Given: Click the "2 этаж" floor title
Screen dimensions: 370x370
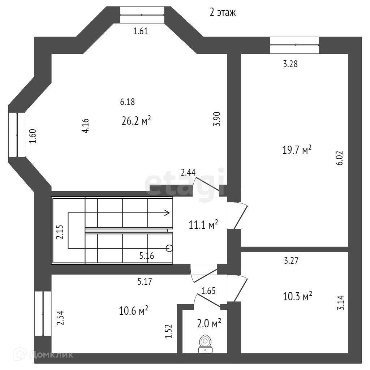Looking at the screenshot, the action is (223, 13).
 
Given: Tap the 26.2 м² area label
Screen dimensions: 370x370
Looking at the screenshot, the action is (136, 121).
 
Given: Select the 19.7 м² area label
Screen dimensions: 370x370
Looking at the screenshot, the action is (297, 150).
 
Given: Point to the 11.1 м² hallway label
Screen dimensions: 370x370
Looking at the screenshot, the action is (203, 225).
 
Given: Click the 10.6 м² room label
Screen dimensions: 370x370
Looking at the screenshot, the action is (134, 310).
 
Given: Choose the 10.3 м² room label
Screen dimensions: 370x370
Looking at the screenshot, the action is (297, 297).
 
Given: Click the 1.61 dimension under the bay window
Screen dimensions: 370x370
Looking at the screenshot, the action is (141, 31).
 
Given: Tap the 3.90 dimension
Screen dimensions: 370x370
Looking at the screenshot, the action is (217, 119).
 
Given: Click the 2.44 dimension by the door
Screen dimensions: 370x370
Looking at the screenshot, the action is (188, 173).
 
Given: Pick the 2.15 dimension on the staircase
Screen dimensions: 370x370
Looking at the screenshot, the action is (60, 232).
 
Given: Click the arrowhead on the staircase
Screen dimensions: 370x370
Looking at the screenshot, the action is (167, 213).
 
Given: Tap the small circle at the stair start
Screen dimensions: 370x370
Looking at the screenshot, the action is (168, 248).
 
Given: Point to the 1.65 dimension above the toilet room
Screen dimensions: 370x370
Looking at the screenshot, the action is (208, 291).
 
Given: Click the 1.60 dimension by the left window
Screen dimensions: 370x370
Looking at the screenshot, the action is (33, 136).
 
